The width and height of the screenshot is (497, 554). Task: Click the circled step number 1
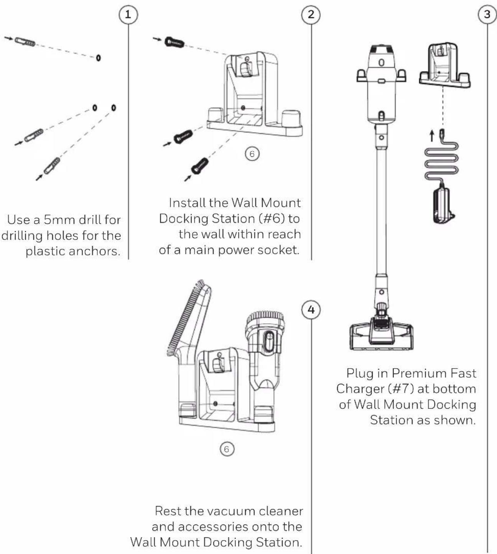tap(128, 15)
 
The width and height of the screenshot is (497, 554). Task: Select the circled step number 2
tap(311, 15)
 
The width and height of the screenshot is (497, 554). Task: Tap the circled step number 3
tap(487, 15)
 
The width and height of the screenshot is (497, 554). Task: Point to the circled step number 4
tap(311, 310)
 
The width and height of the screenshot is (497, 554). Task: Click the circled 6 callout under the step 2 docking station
tap(252, 154)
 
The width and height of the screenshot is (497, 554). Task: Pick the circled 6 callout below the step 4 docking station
tap(227, 449)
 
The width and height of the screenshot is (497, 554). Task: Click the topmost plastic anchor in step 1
tap(25, 42)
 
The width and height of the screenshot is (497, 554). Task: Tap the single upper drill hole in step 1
tap(98, 58)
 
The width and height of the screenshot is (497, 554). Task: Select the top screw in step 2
tap(174, 43)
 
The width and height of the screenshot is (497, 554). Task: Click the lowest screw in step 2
tap(200, 166)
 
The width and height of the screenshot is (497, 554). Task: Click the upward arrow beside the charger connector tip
tap(432, 136)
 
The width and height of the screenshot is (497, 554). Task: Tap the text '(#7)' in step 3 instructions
tap(401, 389)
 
